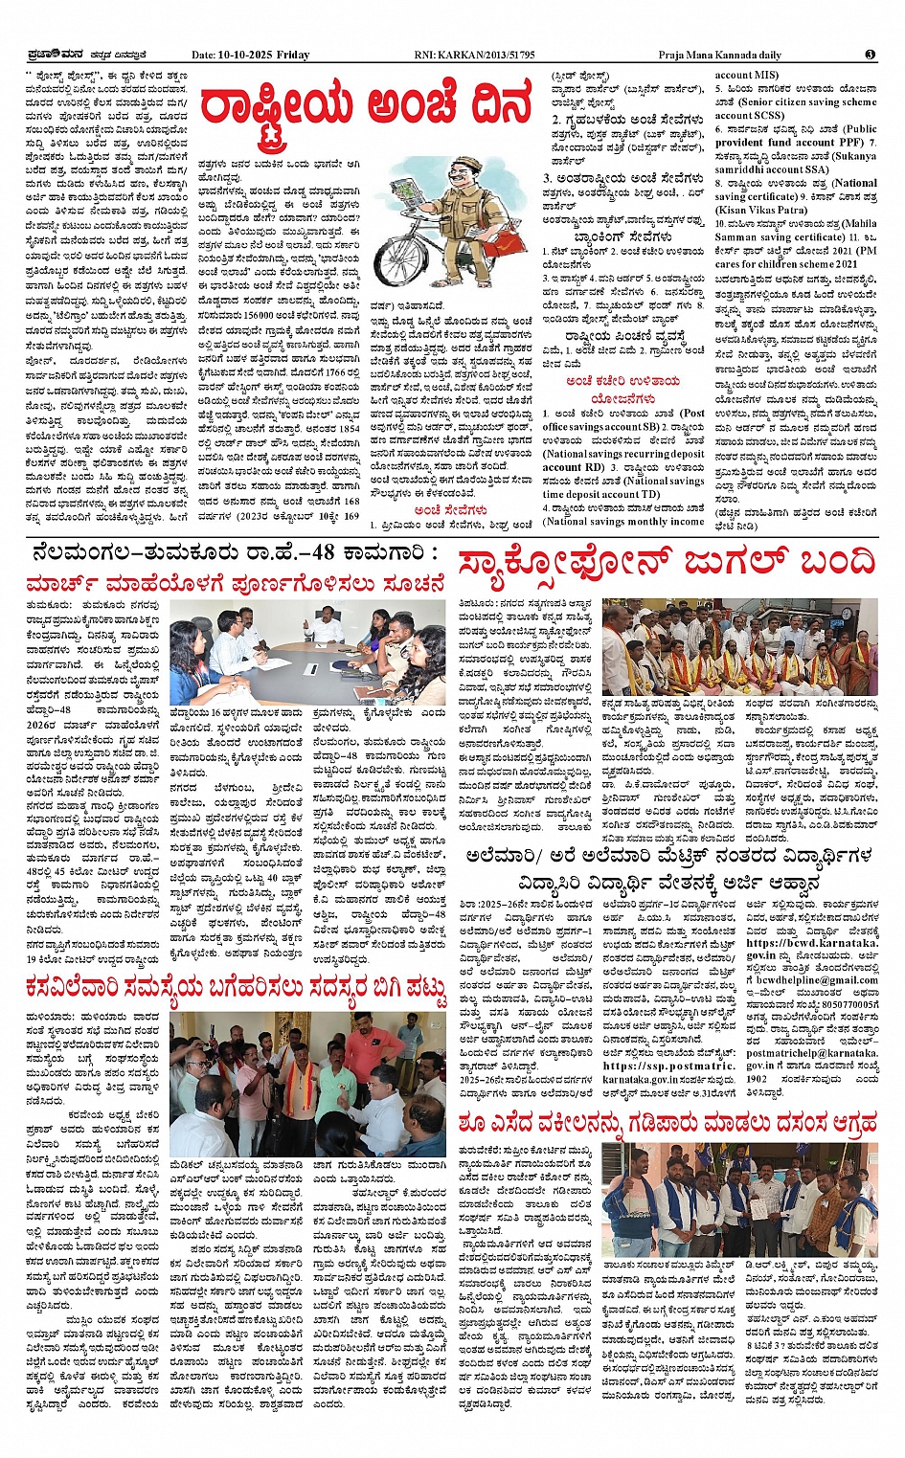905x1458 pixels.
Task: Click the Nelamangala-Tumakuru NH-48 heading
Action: (x=235, y=552)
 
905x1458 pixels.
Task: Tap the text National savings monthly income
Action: (x=623, y=522)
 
